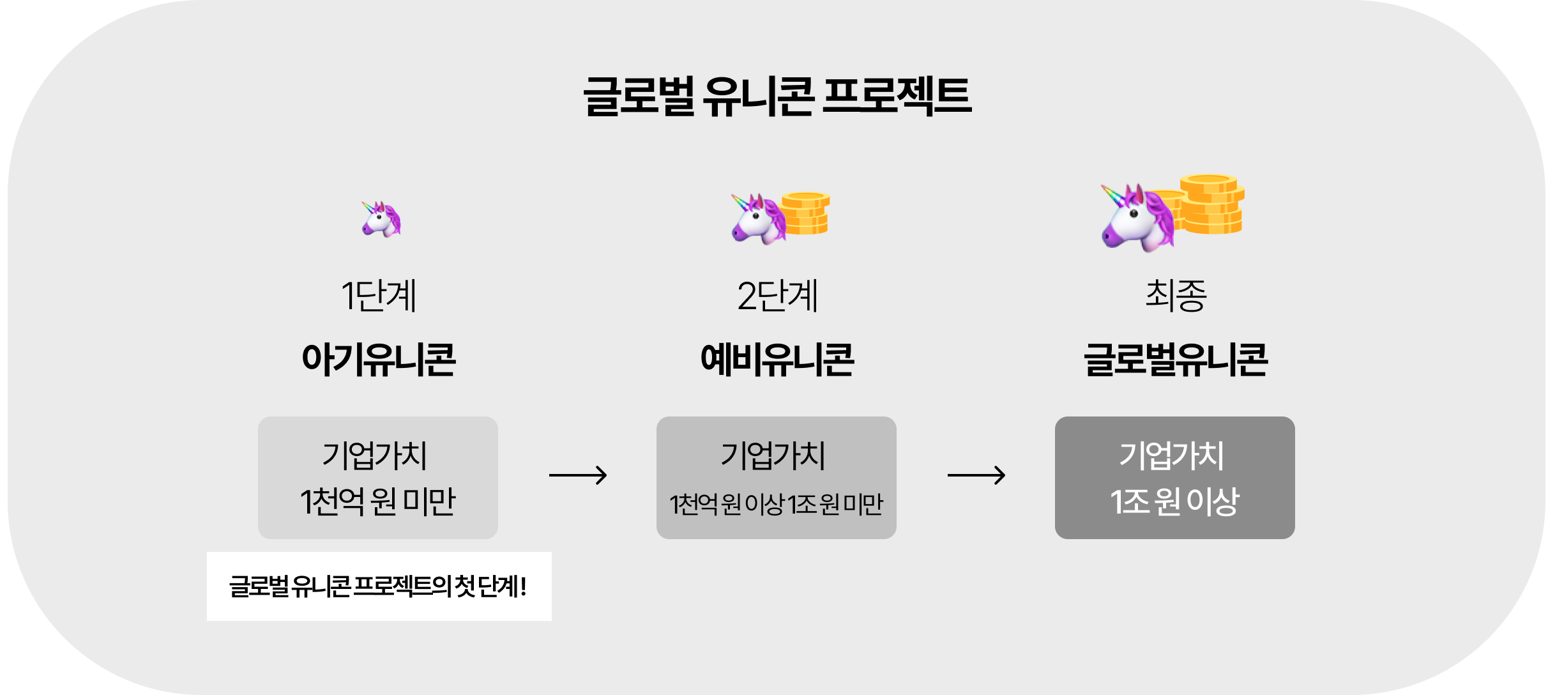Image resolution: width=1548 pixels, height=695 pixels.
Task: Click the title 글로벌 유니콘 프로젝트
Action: pyautogui.click(x=777, y=96)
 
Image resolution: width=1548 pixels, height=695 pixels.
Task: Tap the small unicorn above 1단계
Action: pyautogui.click(x=381, y=219)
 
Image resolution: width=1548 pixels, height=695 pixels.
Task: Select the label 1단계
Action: pyautogui.click(x=379, y=296)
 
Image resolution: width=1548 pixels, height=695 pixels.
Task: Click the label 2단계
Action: pyautogui.click(x=777, y=296)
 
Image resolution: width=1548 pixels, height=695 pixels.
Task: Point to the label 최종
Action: pyautogui.click(x=1176, y=296)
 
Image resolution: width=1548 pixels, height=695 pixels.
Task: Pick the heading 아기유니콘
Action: pyautogui.click(x=379, y=360)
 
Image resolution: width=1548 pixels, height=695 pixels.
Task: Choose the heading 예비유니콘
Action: pyautogui.click(x=777, y=360)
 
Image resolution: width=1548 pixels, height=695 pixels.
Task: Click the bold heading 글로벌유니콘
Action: pyautogui.click(x=1176, y=360)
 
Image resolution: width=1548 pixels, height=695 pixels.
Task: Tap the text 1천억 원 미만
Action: pyautogui.click(x=378, y=501)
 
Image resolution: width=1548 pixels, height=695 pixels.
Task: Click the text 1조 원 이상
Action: pyautogui.click(x=1175, y=501)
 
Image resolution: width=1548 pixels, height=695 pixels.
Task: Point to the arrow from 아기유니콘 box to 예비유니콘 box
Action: pyautogui.click(x=578, y=475)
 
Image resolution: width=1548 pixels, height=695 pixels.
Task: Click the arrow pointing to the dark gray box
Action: pyautogui.click(x=976, y=475)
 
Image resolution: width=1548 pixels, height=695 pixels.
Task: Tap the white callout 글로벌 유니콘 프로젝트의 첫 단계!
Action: pyautogui.click(x=379, y=586)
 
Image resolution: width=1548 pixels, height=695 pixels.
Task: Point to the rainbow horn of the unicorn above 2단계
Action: pyautogui.click(x=741, y=201)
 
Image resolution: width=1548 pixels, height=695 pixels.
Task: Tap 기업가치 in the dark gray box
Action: pyautogui.click(x=1172, y=455)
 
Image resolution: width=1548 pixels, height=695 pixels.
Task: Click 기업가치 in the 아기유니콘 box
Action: pyautogui.click(x=375, y=455)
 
